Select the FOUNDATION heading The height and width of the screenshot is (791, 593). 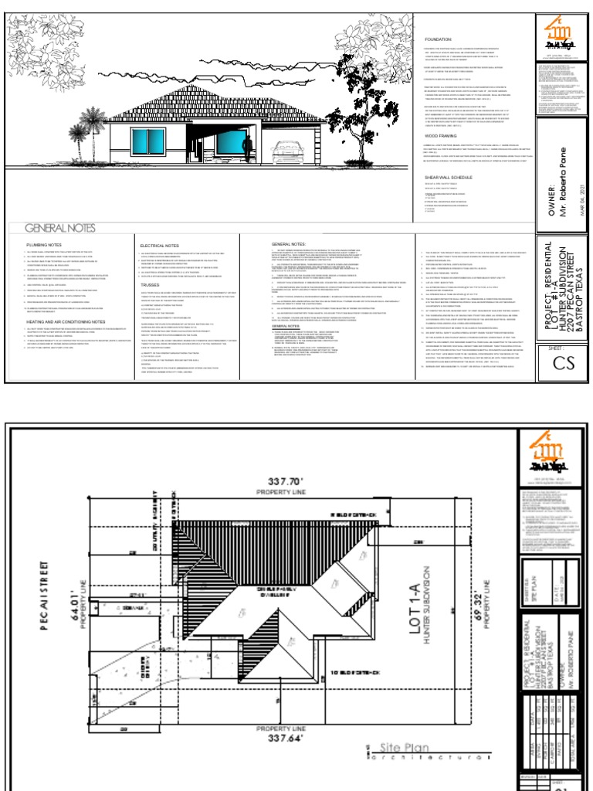[x=438, y=38]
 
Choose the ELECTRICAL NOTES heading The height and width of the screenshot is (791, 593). [x=159, y=245]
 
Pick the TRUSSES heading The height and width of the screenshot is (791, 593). [x=150, y=283]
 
